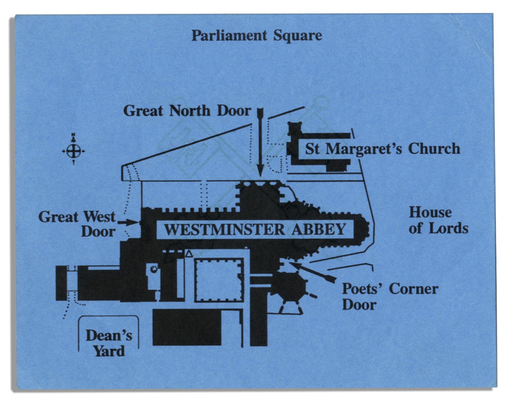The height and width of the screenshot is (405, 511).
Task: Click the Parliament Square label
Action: [x=257, y=36]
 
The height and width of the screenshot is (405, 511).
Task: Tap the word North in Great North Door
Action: [x=190, y=111]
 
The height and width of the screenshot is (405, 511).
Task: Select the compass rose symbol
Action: [x=74, y=149]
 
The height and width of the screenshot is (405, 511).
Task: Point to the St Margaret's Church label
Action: [x=383, y=149]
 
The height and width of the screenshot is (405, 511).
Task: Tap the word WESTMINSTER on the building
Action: [x=224, y=229]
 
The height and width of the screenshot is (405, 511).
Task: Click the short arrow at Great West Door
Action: [x=128, y=222]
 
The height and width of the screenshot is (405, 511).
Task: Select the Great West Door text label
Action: [x=77, y=224]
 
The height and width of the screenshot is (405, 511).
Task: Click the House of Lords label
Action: [x=438, y=220]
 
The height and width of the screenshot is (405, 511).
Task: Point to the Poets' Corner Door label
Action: [x=390, y=297]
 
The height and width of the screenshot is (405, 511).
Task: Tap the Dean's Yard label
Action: [x=109, y=343]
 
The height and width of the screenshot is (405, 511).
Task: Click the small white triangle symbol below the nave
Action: [x=189, y=254]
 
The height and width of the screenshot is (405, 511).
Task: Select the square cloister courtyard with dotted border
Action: [x=219, y=280]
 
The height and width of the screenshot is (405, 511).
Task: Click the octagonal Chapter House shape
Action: [x=289, y=287]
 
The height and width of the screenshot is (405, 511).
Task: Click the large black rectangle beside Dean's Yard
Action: [x=187, y=327]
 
